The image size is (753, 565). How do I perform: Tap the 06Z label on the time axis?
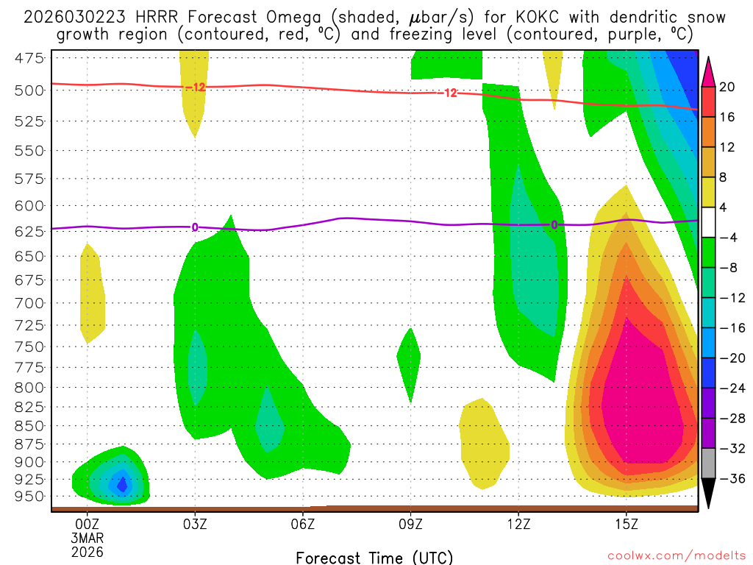[x=303, y=525]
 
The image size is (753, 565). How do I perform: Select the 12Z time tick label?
[x=518, y=525]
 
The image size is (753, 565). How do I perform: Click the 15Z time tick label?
[x=626, y=525]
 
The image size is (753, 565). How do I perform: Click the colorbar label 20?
[x=727, y=87]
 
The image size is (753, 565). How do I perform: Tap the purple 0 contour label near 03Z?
[x=195, y=227]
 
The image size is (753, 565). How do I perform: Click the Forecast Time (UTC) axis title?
[x=374, y=557]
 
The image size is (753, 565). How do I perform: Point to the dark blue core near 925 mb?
[x=122, y=484]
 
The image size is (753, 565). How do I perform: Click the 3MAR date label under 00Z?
[x=87, y=539]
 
